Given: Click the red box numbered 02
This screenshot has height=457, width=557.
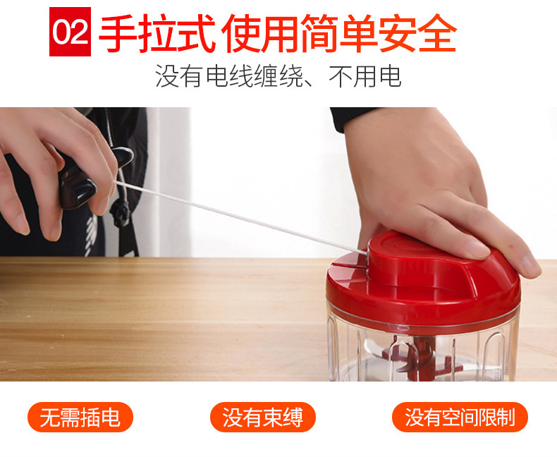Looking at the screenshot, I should click(70, 32).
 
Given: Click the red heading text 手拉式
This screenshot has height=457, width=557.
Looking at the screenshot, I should click(157, 33).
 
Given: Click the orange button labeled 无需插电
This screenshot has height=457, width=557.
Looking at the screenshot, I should click(80, 418).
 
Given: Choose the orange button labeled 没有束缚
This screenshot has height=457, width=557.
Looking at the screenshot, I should click(262, 418).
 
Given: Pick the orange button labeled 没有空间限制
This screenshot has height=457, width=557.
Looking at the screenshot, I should click(460, 418).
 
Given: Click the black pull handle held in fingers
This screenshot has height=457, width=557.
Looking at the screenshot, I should click(78, 185).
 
